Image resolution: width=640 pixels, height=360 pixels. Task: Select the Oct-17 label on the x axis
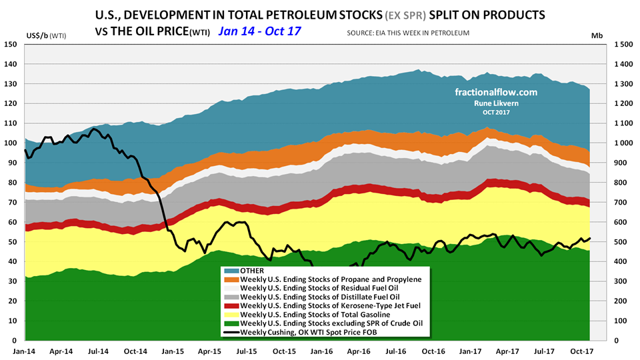click(x=582, y=350)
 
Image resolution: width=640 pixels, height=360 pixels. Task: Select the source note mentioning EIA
click(x=408, y=32)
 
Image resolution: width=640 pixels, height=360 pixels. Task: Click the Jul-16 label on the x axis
click(x=395, y=350)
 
